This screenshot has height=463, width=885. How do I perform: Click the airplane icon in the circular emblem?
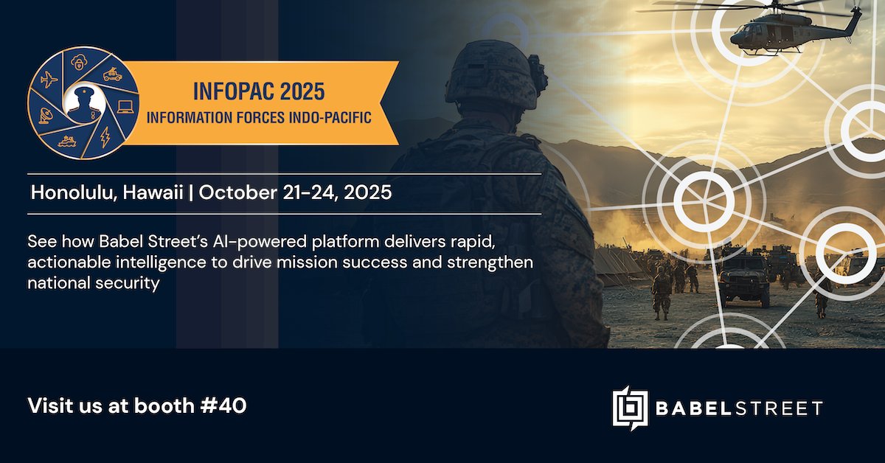(49, 80)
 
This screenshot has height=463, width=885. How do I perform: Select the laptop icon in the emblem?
(125, 108)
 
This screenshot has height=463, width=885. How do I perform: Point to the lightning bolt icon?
(104, 136)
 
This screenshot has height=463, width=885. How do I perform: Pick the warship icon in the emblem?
(68, 142)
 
